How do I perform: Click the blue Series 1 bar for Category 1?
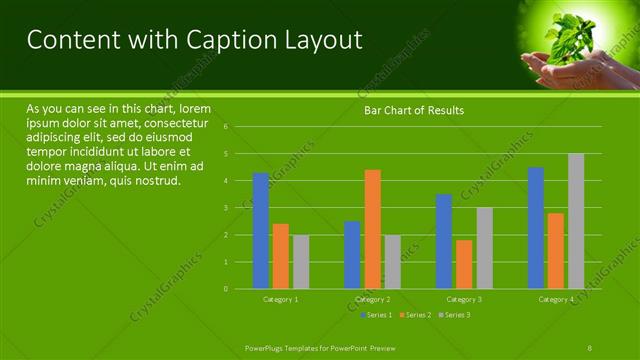coord(260,230)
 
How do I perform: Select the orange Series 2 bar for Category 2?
coord(372,229)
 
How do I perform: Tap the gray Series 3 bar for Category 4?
coord(576,221)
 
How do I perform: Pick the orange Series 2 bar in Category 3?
coord(464,264)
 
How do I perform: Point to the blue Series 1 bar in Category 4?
coord(536,228)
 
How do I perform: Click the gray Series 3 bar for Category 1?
coord(300,262)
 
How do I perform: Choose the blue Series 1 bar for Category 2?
coord(352,255)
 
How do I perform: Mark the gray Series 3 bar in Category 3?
coord(484,248)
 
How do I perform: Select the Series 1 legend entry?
coord(378,315)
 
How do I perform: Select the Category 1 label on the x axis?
coord(280,300)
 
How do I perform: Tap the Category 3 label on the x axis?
coord(464,300)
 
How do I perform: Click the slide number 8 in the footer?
coord(590,346)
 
